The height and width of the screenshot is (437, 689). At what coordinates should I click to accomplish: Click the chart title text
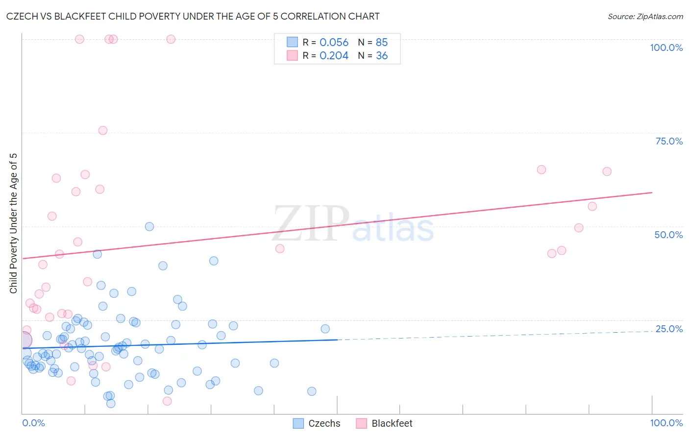(193, 17)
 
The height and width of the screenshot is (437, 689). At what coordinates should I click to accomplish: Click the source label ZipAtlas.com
(645, 17)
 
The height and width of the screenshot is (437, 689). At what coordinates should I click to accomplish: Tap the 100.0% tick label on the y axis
(666, 48)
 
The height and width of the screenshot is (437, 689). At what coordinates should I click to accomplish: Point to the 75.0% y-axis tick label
(669, 141)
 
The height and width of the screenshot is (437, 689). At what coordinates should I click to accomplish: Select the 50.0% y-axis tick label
(668, 235)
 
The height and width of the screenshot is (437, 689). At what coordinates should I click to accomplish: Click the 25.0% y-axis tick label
(669, 329)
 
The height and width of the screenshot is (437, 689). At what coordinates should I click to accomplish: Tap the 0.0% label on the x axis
(33, 423)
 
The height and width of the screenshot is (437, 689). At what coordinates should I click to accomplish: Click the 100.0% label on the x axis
(666, 423)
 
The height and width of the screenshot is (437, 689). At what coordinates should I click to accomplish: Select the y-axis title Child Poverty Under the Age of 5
(14, 223)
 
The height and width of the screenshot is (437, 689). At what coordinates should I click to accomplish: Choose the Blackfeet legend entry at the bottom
(385, 423)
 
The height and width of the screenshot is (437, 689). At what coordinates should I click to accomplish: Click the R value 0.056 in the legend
(334, 43)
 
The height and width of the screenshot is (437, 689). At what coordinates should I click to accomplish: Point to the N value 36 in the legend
(382, 56)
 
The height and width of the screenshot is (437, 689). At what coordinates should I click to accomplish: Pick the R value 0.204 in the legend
(334, 56)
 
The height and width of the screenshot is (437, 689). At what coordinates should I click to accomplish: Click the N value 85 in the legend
(382, 43)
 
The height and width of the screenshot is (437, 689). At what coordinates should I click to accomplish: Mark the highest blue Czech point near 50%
(149, 226)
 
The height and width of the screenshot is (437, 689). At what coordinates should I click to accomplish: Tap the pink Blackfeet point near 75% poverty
(103, 130)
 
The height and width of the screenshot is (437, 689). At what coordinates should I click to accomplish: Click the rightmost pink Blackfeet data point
(607, 171)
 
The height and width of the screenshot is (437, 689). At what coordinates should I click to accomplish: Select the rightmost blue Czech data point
(325, 329)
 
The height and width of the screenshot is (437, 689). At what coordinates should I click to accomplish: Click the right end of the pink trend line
(652, 193)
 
